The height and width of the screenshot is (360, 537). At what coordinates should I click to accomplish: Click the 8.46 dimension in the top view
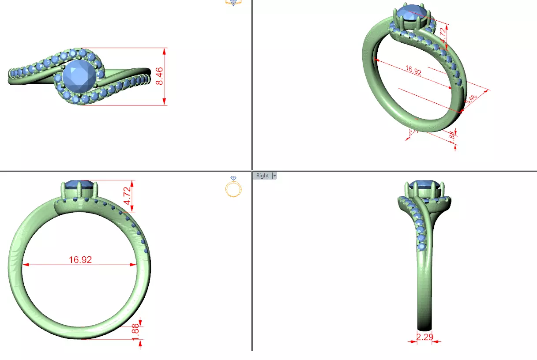[160, 76]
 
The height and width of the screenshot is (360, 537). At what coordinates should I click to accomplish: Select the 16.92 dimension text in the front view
[80, 260]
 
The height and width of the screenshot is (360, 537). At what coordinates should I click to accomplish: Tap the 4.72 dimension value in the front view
[127, 195]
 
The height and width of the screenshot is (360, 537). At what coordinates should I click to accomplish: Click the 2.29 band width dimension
[424, 337]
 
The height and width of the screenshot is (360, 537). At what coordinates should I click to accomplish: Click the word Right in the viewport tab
[262, 176]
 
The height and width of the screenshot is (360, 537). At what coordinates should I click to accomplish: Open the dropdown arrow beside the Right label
[274, 176]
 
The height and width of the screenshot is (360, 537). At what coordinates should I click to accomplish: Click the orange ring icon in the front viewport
[233, 187]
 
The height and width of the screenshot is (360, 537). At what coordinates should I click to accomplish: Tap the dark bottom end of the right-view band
[424, 327]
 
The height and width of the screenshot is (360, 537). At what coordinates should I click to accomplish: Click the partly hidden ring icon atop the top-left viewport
[233, 2]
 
